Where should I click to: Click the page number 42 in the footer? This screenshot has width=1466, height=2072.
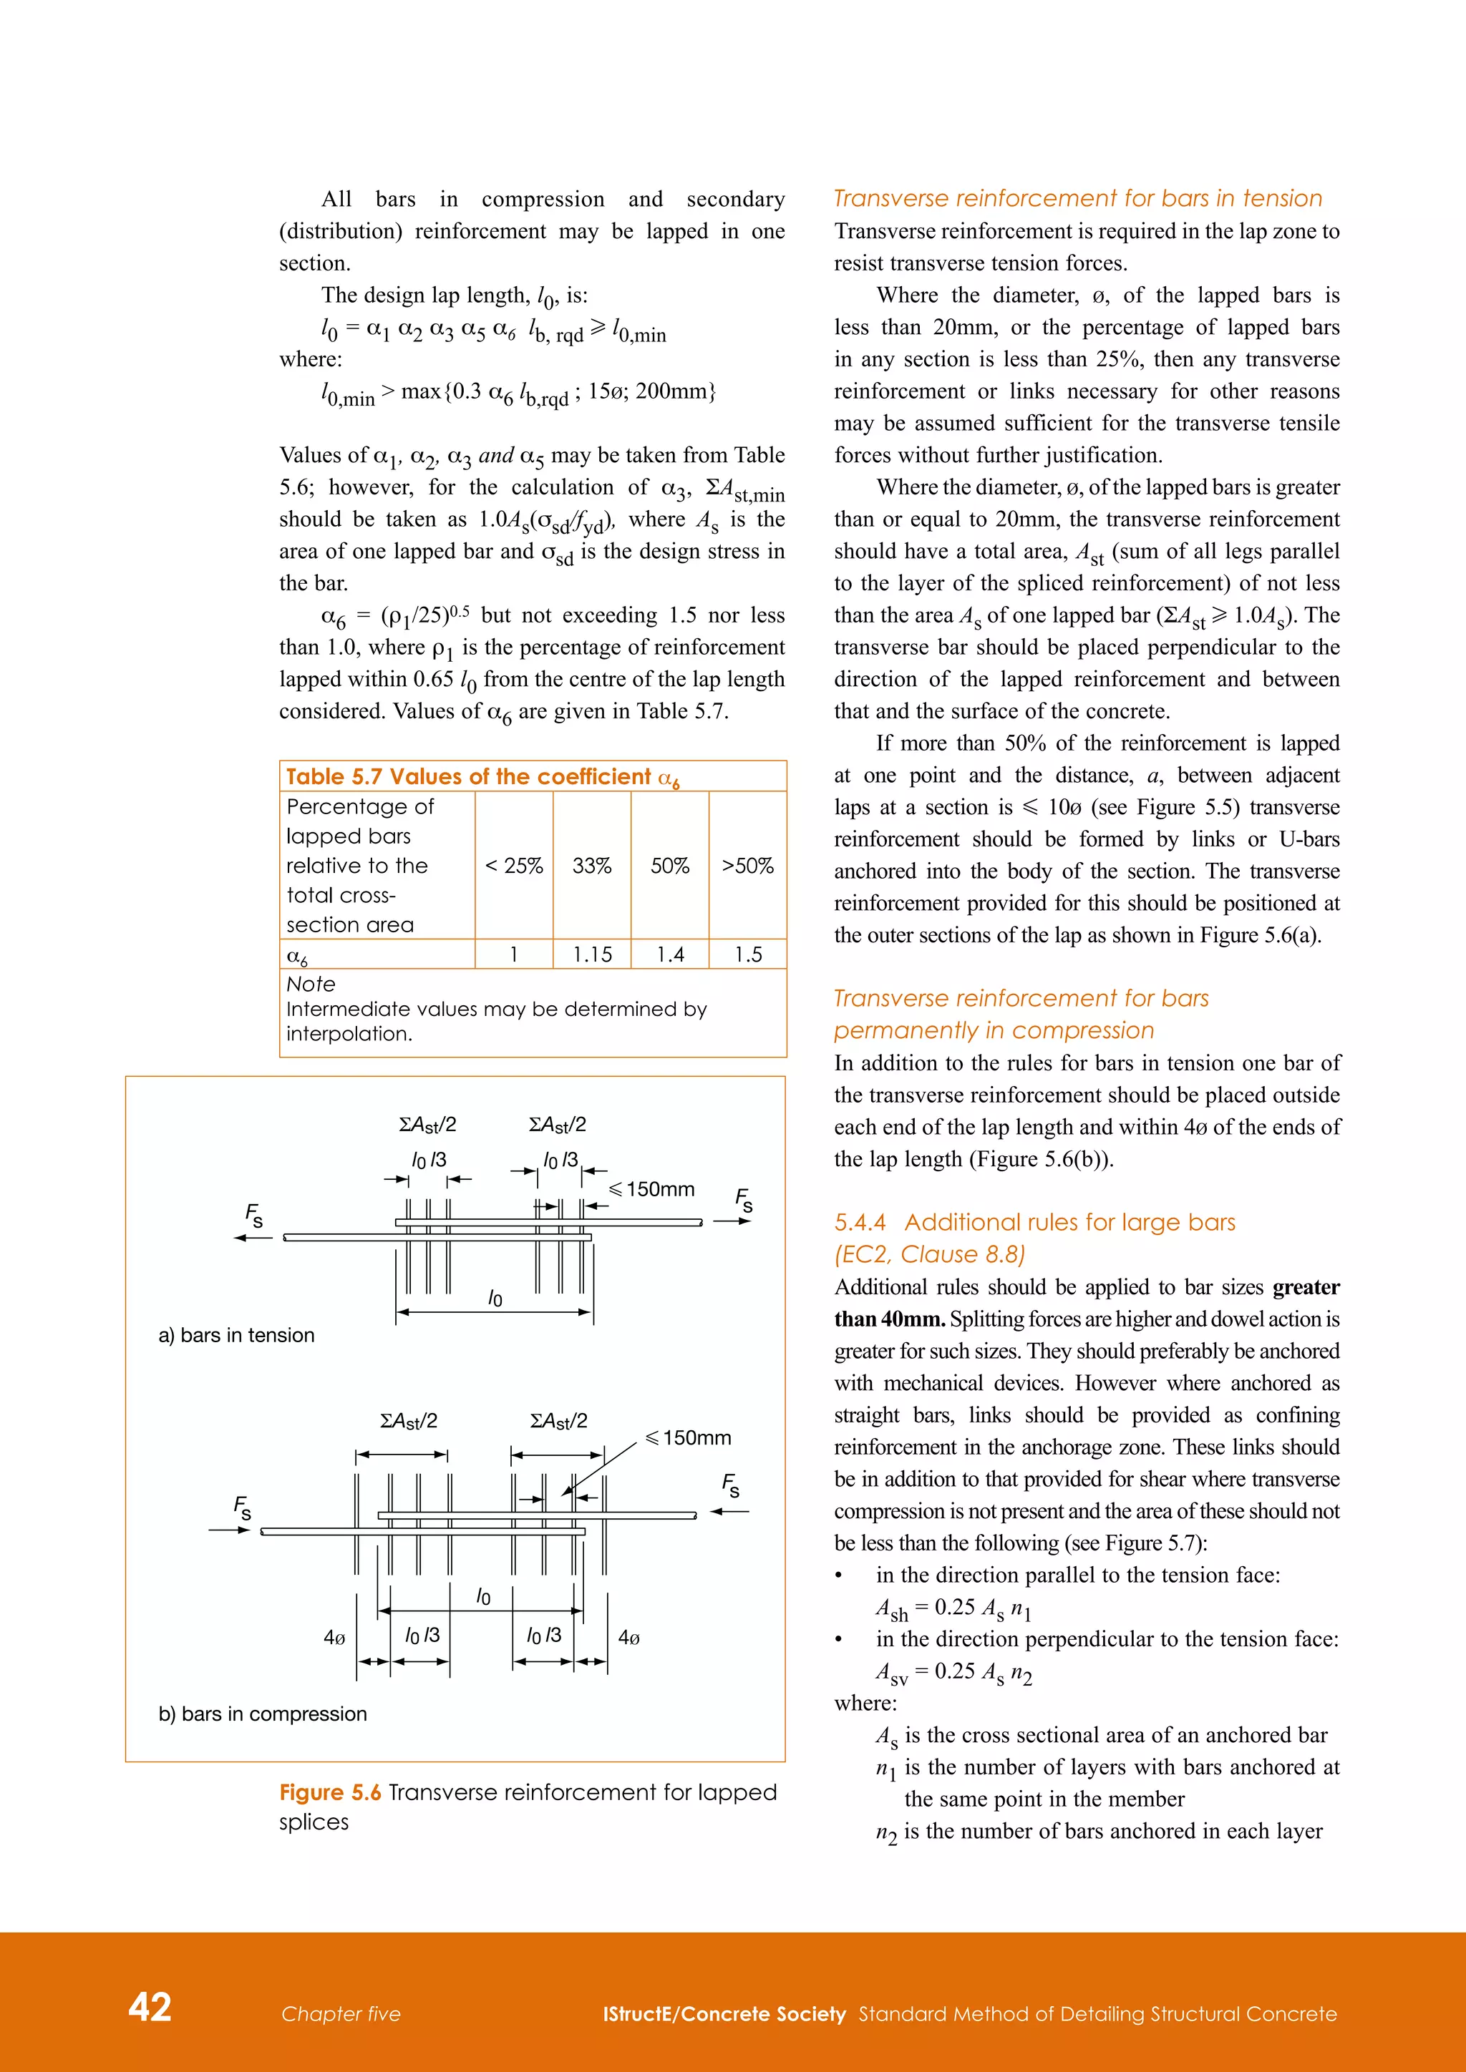[150, 2007]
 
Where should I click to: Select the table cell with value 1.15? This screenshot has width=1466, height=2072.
[592, 954]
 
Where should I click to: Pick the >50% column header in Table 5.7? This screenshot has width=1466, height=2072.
[747, 866]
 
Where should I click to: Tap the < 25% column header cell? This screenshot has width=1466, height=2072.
[514, 866]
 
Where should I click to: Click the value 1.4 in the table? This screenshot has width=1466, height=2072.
[670, 954]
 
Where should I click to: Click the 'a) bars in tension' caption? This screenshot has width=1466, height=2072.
[236, 1334]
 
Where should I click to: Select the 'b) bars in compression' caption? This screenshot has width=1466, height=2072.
[263, 1714]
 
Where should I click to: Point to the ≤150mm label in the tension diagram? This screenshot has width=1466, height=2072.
[653, 1189]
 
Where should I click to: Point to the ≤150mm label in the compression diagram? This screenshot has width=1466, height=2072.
[689, 1437]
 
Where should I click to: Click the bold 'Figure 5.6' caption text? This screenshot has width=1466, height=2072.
[331, 1792]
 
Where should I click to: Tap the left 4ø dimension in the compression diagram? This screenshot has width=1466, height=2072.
[334, 1637]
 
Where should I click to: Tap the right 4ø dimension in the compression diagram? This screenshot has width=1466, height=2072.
[629, 1637]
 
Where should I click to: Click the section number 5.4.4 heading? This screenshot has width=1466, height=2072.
[860, 1222]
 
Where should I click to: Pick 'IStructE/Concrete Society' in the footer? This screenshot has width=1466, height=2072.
[724, 2014]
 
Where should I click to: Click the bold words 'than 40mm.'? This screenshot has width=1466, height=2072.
[889, 1319]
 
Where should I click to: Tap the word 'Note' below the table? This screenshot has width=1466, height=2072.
[311, 984]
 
